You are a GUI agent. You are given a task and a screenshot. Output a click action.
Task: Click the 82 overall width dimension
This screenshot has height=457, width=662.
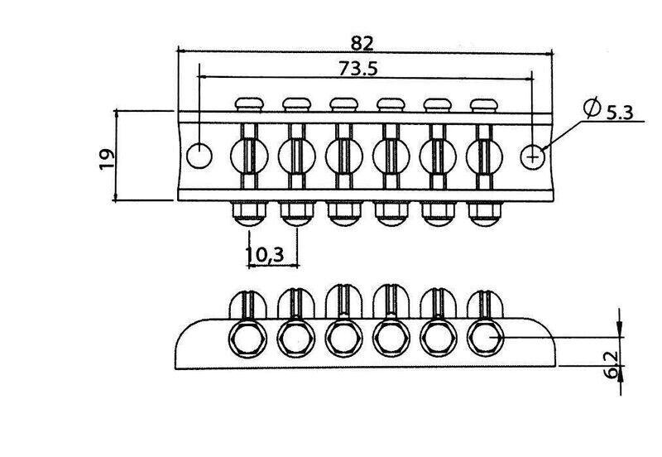[362, 43]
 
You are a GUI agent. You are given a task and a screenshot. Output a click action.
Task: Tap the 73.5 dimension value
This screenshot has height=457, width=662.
[358, 69]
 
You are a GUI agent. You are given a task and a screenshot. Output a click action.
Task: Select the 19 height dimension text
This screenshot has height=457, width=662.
[107, 159]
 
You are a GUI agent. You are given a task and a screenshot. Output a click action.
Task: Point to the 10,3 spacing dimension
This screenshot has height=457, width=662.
[265, 254]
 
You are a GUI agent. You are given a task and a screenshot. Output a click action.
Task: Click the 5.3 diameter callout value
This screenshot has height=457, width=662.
[620, 113]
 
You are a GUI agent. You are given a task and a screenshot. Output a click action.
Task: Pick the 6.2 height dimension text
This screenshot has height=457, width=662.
[612, 364]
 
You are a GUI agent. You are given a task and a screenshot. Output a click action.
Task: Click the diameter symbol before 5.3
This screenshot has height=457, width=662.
[592, 108]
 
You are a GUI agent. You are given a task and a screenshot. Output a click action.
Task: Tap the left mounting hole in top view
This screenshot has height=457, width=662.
[199, 156]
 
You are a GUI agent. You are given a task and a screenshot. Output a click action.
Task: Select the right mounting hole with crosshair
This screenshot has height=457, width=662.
[533, 157]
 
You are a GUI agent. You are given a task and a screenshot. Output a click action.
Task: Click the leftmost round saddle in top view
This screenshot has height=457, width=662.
[249, 156]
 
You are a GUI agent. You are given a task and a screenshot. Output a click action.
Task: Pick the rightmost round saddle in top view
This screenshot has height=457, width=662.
[484, 156]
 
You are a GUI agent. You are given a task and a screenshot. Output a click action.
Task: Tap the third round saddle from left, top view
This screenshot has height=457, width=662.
[343, 156]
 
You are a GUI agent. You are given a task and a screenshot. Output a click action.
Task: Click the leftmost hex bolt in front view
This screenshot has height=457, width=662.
[247, 339]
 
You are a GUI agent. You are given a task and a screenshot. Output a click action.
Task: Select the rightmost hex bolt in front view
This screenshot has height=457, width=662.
[485, 339]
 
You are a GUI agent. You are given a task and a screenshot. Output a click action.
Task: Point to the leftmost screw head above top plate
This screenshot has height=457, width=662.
[249, 104]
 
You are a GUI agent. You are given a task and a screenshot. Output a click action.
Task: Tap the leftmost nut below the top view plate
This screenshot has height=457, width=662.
[249, 214]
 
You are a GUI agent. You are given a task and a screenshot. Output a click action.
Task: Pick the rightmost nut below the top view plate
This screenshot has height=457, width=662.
[484, 214]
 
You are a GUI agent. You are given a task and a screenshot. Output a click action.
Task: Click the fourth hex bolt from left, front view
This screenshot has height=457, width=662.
[391, 339]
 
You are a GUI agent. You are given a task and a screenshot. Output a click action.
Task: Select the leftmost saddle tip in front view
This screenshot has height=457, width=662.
[248, 304]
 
